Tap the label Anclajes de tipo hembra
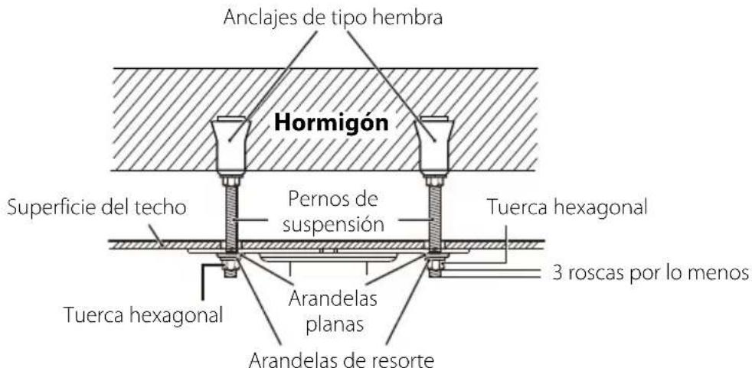333,18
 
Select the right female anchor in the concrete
434,144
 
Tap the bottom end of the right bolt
435,273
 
